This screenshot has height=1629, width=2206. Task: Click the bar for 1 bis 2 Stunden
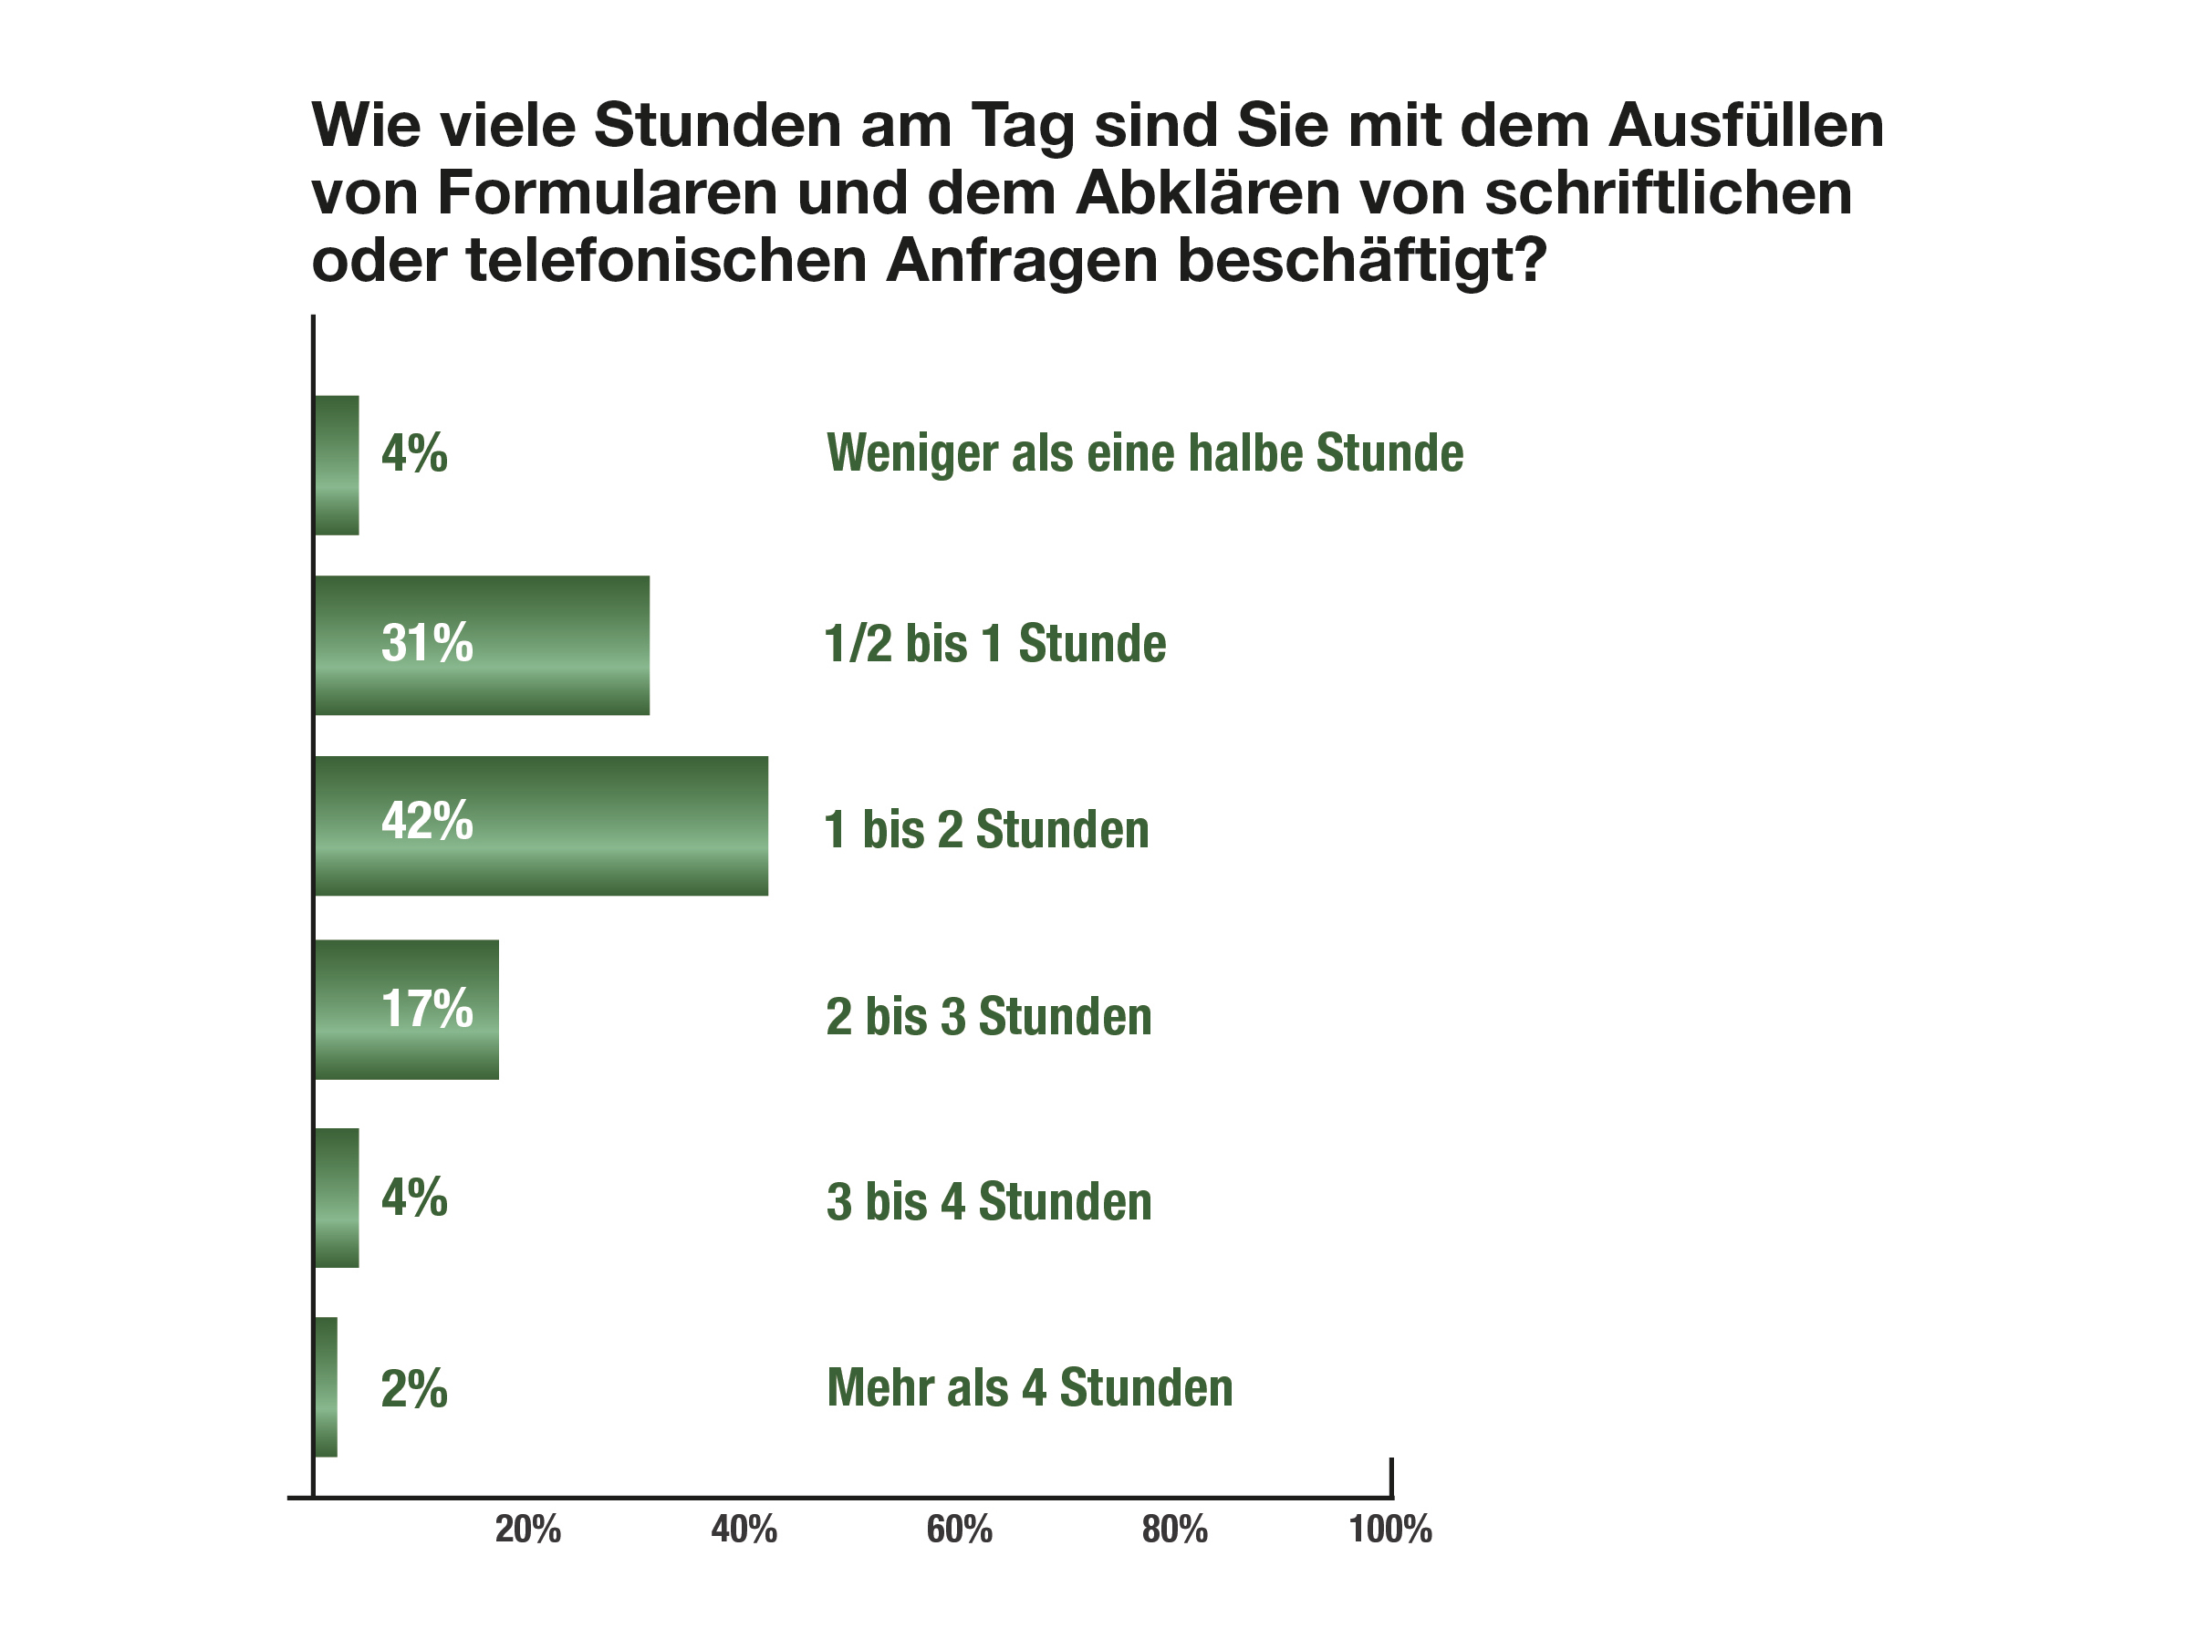540,826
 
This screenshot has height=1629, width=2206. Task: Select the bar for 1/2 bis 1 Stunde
481,646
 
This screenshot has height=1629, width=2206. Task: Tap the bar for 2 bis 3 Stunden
406,1010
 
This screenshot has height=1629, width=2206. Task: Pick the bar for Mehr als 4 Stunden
326,1387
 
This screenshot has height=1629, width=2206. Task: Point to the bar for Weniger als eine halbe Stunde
337,465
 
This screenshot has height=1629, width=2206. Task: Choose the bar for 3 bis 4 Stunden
337,1198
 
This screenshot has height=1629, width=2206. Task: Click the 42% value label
427,820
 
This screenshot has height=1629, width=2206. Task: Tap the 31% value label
427,643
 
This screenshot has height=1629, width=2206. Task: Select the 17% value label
427,1009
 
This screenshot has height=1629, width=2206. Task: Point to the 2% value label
414,1389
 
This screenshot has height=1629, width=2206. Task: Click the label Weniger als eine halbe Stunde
1144,453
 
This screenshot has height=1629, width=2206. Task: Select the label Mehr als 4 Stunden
1029,1387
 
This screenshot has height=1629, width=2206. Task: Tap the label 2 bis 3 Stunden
989,1016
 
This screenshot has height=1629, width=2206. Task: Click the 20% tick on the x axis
528,1530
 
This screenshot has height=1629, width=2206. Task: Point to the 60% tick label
960,1530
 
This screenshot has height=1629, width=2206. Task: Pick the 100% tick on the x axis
1390,1530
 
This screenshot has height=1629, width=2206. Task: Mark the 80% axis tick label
1175,1530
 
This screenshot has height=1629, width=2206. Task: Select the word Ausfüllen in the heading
1745,125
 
